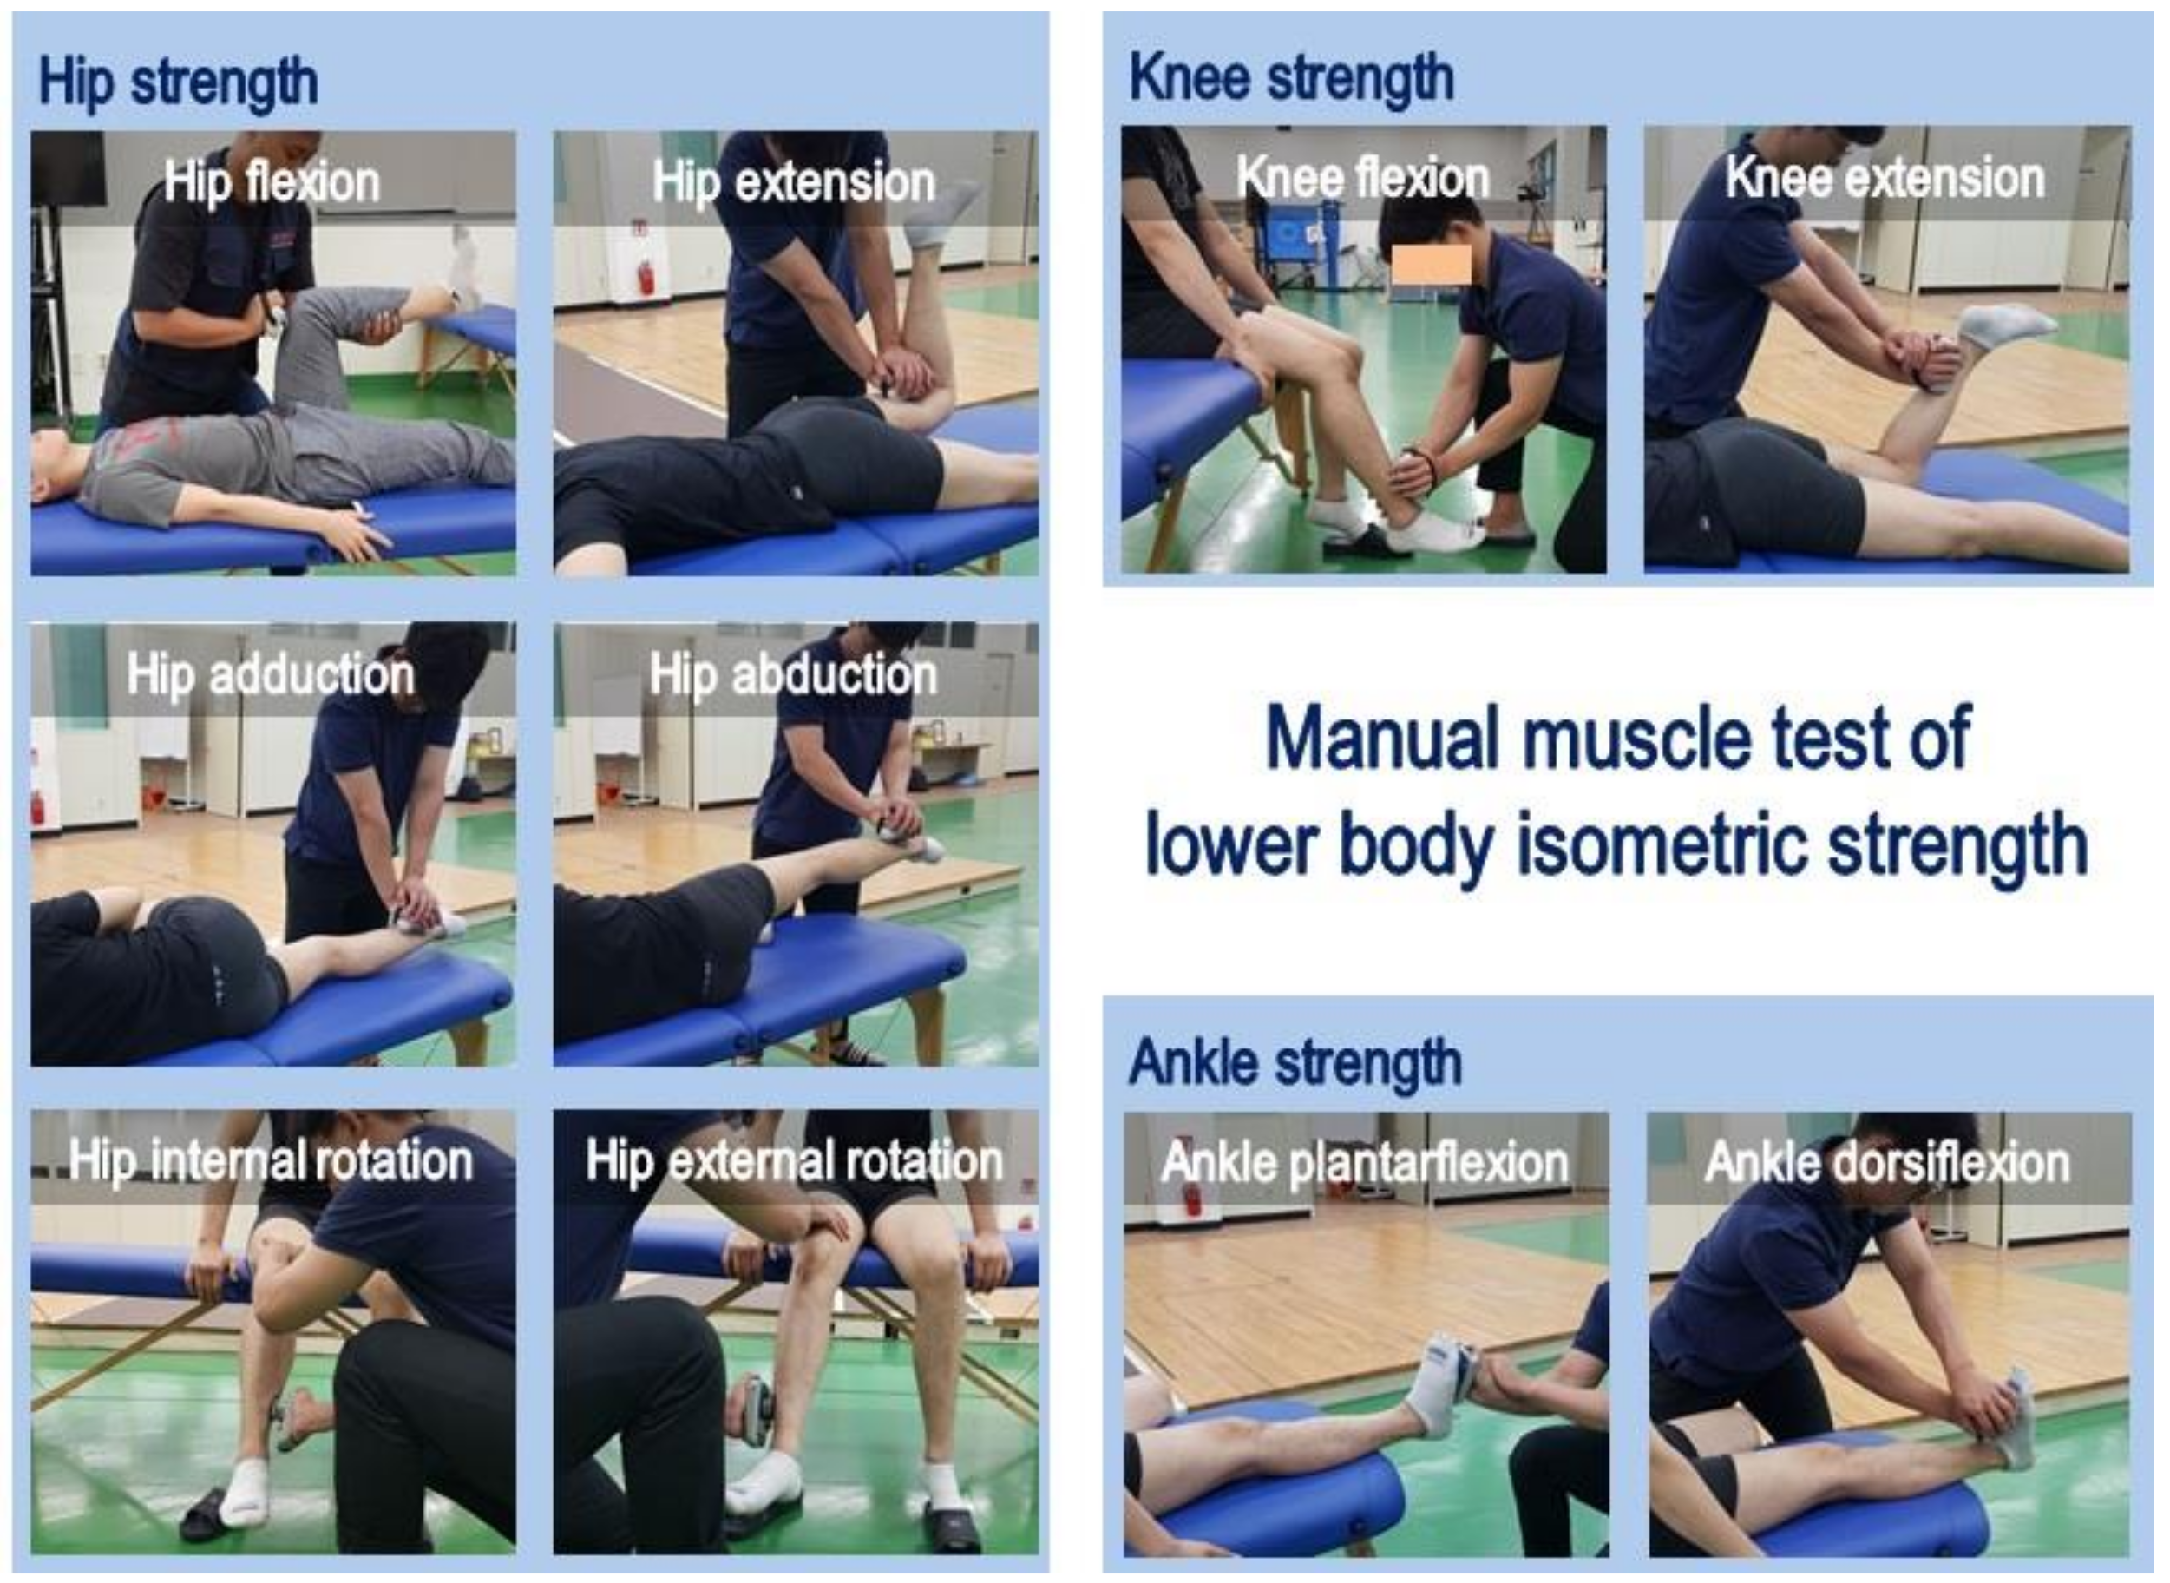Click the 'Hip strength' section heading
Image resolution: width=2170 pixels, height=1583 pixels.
point(178,82)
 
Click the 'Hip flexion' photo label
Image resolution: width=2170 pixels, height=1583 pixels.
point(272,182)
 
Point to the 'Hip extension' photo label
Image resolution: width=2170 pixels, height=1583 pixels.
point(794,182)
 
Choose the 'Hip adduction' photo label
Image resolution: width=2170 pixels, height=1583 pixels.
point(271,674)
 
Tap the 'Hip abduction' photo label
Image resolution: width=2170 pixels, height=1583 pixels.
point(793,674)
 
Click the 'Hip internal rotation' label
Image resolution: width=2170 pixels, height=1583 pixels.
point(271,1161)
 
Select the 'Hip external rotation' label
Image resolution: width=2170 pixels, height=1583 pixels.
point(794,1161)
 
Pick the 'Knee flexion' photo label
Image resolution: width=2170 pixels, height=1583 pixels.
point(1363,178)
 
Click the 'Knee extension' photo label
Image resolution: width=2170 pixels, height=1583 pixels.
point(1885,178)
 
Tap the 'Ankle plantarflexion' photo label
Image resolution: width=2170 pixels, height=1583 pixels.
point(1365,1163)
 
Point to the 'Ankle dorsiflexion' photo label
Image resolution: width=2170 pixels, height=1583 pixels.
point(1887,1163)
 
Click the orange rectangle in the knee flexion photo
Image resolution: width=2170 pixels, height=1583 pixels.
point(1432,265)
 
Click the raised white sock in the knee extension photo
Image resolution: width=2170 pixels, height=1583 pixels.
point(2004,325)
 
